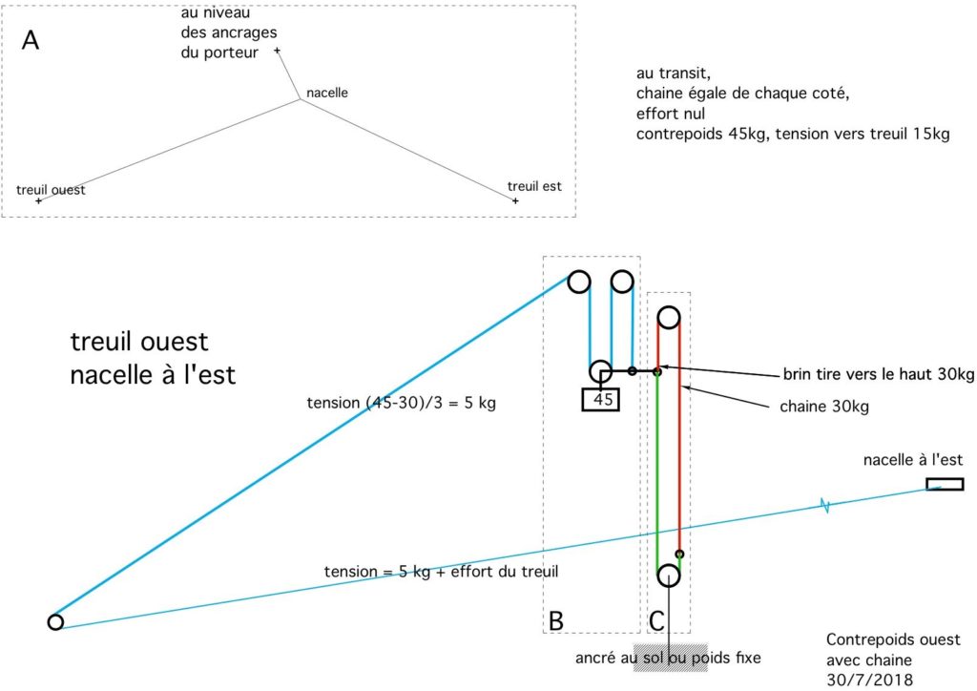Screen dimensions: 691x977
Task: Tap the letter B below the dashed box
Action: tap(557, 620)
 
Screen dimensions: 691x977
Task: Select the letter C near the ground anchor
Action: tap(657, 620)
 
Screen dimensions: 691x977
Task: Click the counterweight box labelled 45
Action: tap(600, 399)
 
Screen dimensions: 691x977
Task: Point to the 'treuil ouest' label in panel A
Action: tap(51, 190)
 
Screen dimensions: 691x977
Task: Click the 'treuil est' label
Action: tap(534, 186)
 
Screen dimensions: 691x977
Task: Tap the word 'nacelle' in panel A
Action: tap(327, 94)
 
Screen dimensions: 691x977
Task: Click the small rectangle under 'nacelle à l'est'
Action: tap(945, 484)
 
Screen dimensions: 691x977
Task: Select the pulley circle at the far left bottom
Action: tap(55, 622)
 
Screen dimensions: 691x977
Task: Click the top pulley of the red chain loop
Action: tap(669, 317)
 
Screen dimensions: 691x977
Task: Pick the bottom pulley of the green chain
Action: tap(668, 576)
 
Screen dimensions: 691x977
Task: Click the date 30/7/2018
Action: tap(869, 679)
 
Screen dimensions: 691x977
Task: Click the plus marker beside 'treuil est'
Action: tap(515, 201)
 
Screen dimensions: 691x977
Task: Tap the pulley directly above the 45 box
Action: tap(600, 371)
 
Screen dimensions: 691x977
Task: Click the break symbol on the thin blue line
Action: tap(824, 505)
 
